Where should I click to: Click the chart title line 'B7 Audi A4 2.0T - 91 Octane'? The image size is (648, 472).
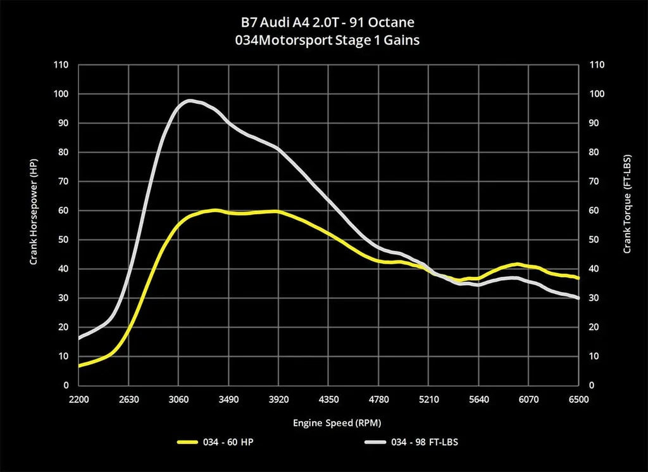coord(324,23)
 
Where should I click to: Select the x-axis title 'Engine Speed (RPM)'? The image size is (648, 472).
coord(328,422)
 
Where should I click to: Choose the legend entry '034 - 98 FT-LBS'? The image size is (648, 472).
coord(425,442)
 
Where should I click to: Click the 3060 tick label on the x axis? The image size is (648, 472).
coord(178,400)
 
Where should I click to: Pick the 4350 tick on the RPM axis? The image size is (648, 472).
coord(328,400)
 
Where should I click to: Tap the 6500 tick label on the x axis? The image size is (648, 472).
coord(578,400)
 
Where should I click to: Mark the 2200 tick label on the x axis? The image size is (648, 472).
coord(78,400)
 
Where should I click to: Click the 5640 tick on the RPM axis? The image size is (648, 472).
coord(478,400)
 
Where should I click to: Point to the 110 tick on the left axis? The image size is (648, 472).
coord(61,65)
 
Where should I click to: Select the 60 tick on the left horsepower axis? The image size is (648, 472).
coord(63,210)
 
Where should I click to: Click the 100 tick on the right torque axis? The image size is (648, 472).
coord(596,94)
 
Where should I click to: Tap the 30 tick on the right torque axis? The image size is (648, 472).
coord(594,298)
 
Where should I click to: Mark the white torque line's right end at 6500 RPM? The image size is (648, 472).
coord(578,298)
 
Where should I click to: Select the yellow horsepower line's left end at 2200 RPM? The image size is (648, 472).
coord(79,366)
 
